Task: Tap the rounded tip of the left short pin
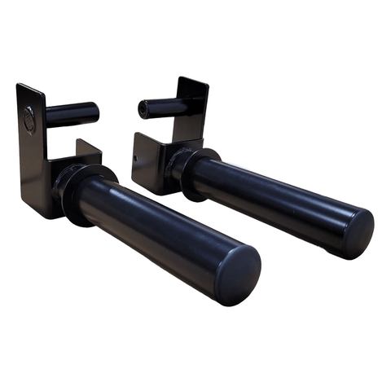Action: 95,112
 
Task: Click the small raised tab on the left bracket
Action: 88,149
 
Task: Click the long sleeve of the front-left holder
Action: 163,233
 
